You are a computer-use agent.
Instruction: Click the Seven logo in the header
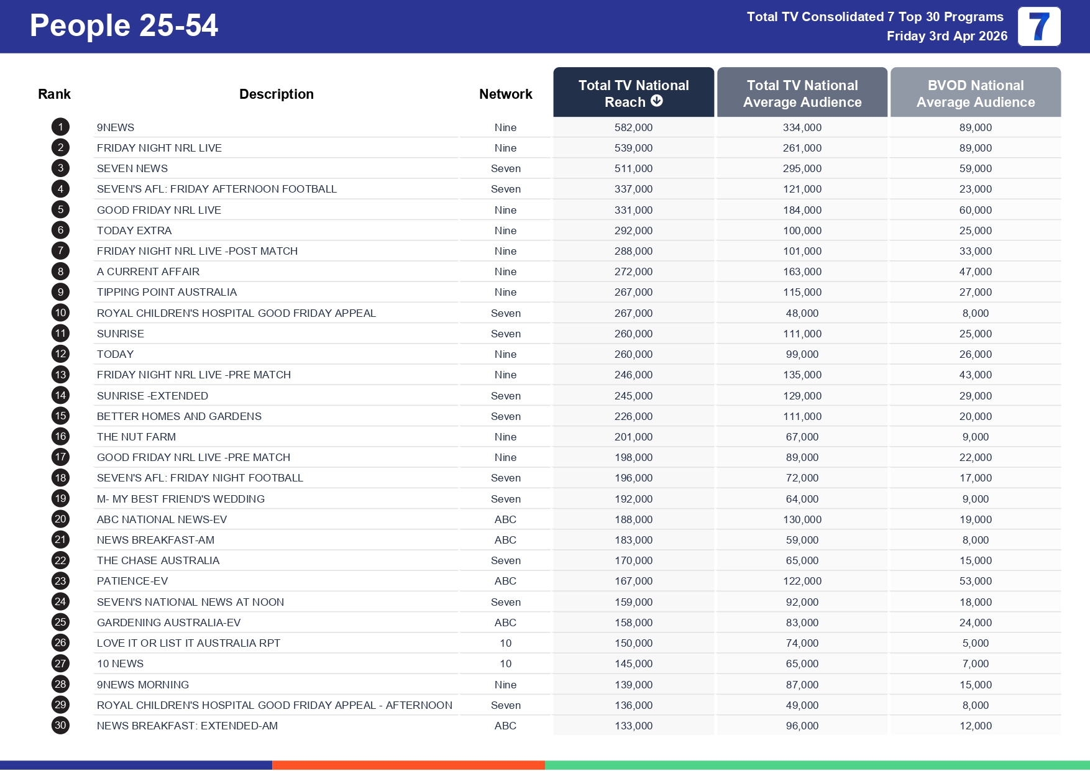pyautogui.click(x=1039, y=27)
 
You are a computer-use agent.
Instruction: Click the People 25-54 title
pyautogui.click(x=124, y=26)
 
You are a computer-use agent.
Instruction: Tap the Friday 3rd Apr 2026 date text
pyautogui.click(x=946, y=36)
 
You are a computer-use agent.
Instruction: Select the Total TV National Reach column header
pyautogui.click(x=633, y=93)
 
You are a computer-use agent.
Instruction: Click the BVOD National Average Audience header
pyautogui.click(x=975, y=93)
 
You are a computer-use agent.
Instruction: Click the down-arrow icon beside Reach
pyautogui.click(x=657, y=101)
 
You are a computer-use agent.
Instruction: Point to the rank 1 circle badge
pyautogui.click(x=60, y=127)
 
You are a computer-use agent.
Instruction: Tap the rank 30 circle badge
pyautogui.click(x=60, y=726)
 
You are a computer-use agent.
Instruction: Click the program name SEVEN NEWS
pyautogui.click(x=132, y=168)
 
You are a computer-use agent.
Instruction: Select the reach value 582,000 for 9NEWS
pyautogui.click(x=633, y=127)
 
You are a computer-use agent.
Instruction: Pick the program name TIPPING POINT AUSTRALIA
pyautogui.click(x=167, y=292)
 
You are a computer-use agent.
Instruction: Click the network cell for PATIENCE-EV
pyautogui.click(x=505, y=581)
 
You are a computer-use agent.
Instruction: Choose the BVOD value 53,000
pyautogui.click(x=975, y=581)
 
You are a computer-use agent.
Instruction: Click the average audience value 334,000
pyautogui.click(x=802, y=127)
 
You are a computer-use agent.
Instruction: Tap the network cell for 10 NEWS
pyautogui.click(x=505, y=664)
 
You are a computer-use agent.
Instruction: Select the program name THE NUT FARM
pyautogui.click(x=136, y=437)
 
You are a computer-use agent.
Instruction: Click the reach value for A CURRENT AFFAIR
pyautogui.click(x=633, y=271)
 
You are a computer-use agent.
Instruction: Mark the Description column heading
pyautogui.click(x=277, y=94)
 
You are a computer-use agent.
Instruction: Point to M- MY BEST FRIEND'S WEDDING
pyautogui.click(x=181, y=499)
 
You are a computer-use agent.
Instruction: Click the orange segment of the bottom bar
pyautogui.click(x=408, y=765)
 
